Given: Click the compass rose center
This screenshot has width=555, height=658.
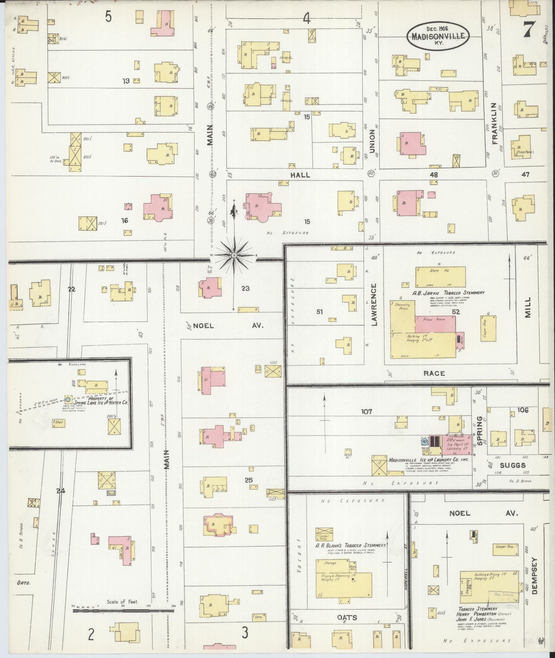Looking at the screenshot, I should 234,255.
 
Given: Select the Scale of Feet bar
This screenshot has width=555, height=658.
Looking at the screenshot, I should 123,610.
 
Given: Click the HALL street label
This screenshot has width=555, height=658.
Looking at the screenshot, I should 300,175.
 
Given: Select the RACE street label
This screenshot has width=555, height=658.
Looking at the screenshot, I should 434,373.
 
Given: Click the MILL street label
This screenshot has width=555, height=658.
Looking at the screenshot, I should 527,307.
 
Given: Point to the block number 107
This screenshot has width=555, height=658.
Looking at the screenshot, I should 366,412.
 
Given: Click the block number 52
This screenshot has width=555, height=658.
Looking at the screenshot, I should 456,312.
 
